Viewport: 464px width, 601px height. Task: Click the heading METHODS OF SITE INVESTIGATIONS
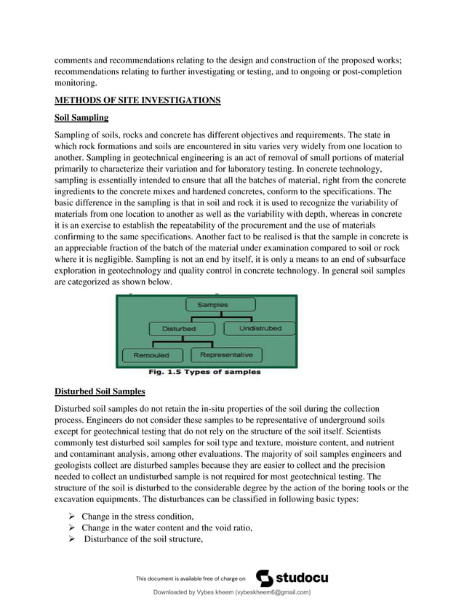(137, 100)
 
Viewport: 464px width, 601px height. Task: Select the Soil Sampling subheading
(81, 118)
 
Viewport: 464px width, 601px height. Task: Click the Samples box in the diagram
(212, 305)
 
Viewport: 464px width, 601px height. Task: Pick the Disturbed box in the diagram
(178, 329)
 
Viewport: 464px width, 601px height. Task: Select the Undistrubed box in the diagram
(259, 329)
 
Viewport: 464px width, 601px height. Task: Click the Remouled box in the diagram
(151, 355)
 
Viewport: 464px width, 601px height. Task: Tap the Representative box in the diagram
(226, 355)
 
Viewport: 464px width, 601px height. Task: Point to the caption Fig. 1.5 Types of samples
(204, 373)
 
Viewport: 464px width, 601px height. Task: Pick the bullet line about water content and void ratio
(167, 528)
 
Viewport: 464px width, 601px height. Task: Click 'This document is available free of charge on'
(191, 579)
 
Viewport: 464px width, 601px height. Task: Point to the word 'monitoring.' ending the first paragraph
(75, 84)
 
